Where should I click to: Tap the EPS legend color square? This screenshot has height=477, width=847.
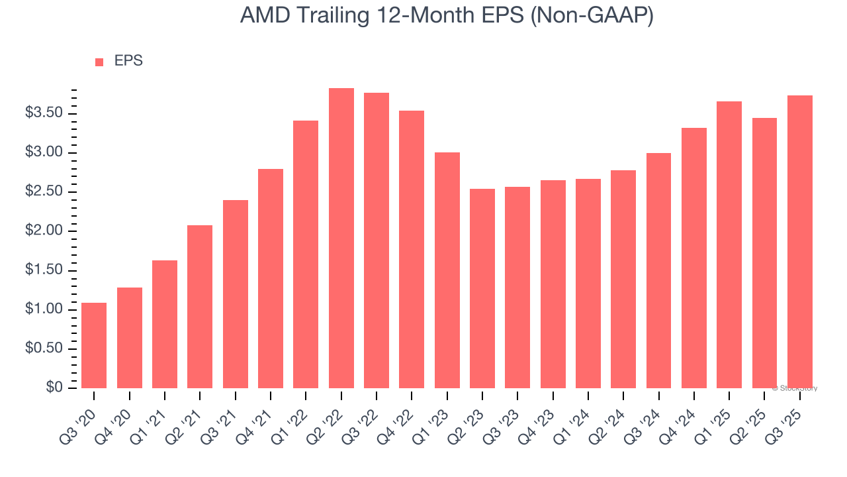99,62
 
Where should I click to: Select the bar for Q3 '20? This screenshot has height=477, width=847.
94,345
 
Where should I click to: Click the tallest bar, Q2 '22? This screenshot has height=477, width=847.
341,238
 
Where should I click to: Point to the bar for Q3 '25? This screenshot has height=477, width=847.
800,242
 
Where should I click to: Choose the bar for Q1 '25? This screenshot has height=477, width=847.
729,245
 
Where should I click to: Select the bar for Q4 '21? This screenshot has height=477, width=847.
271,278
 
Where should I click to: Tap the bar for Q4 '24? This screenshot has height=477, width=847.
694,258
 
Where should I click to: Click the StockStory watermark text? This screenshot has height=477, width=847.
795,388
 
